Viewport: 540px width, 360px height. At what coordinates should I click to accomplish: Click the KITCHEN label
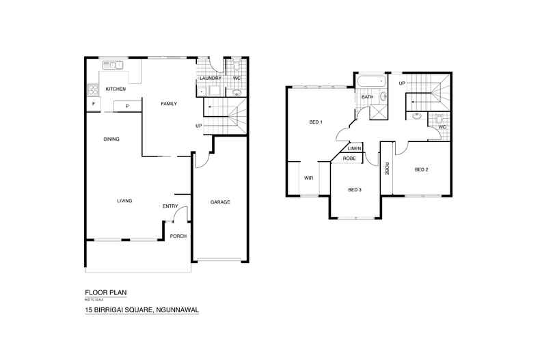(115, 89)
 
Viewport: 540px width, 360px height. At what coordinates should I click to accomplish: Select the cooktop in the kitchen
(92, 89)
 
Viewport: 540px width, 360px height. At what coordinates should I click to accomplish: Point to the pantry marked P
(127, 105)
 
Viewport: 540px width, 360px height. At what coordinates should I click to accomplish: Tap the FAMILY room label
(169, 104)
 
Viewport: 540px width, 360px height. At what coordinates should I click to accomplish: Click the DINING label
(111, 139)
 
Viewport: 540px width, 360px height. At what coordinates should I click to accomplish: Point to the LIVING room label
(124, 201)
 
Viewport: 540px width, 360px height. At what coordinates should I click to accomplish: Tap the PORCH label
(178, 236)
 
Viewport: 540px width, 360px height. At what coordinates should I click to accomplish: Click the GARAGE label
(219, 202)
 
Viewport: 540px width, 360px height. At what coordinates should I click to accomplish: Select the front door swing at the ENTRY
(180, 215)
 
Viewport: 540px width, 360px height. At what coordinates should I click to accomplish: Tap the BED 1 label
(316, 122)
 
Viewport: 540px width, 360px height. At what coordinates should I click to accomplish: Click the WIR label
(308, 178)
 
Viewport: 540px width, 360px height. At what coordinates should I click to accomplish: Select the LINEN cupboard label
(354, 148)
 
